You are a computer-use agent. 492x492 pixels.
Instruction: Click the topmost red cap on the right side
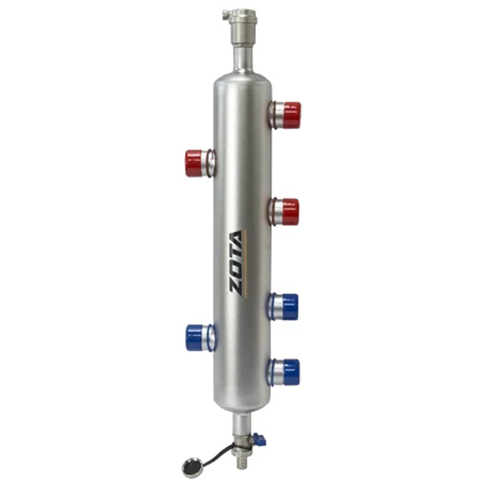pyautogui.click(x=292, y=115)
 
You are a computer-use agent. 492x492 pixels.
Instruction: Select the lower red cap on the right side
pyautogui.click(x=290, y=212)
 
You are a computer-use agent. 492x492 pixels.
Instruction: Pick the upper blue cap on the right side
pyautogui.click(x=290, y=307)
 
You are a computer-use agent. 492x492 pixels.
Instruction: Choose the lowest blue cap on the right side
pyautogui.click(x=291, y=372)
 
